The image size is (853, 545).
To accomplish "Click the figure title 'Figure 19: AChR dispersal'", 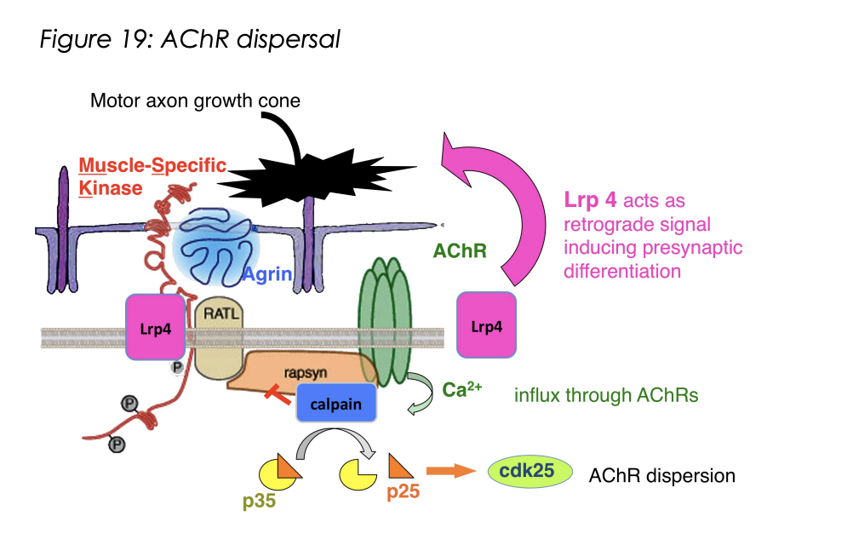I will point(190,39).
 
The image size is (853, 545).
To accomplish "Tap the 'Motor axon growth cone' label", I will point(195,101).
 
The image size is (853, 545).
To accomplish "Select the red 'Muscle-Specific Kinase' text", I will point(152,175).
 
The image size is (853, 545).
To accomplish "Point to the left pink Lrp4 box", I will point(155,327).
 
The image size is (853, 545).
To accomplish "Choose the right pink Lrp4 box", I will point(486,326).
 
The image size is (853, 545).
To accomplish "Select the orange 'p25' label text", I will point(403,492).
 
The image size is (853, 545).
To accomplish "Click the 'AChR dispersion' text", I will point(661,475).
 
